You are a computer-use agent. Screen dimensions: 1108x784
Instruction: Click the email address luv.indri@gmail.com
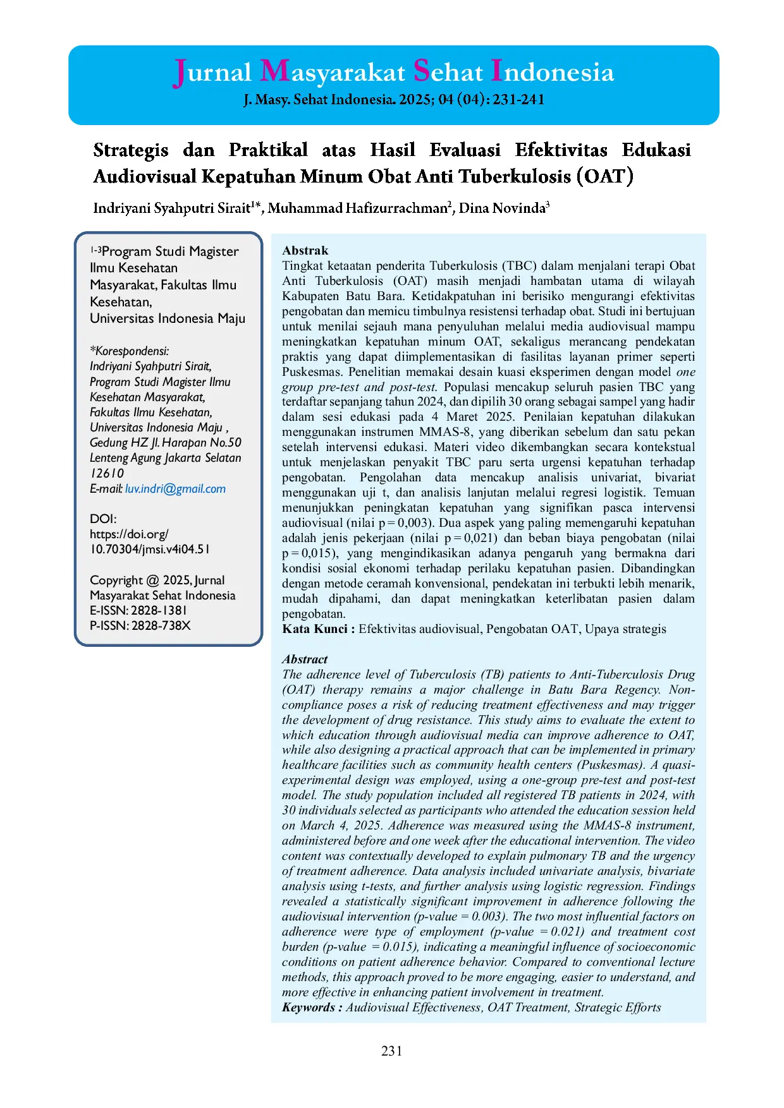click(175, 489)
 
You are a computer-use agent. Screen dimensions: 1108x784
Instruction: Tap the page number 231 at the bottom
click(392, 1051)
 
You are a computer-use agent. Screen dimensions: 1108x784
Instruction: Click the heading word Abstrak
click(305, 251)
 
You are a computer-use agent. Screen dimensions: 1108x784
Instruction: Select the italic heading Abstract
click(305, 659)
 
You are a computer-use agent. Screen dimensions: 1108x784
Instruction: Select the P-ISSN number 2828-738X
click(161, 626)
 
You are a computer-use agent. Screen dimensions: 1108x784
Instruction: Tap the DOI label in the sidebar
click(103, 519)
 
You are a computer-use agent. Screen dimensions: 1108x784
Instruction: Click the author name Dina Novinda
click(502, 208)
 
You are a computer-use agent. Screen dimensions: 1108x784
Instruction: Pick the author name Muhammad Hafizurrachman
click(357, 208)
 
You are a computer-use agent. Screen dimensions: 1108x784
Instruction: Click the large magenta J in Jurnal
click(180, 73)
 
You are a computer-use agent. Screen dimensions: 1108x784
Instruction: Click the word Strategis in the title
click(131, 150)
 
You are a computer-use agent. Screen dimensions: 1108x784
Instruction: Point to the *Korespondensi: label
click(130, 351)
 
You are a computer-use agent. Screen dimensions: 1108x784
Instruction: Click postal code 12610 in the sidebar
click(107, 474)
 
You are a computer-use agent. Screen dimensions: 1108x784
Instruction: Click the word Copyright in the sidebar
click(116, 581)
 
